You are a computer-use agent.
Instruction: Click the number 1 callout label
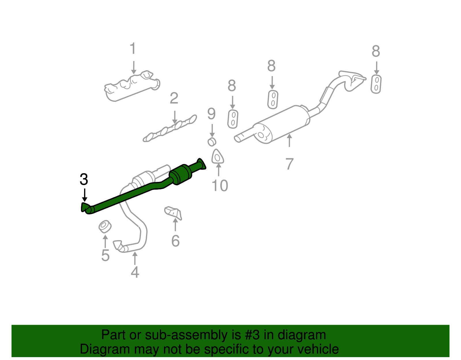pos(133,49)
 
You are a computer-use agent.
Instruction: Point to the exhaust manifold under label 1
pos(131,87)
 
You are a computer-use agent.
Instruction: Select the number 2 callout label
pos(174,99)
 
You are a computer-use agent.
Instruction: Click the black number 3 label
pos(84,180)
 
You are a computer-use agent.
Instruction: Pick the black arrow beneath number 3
pos(84,195)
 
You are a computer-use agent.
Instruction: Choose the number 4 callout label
pos(135,272)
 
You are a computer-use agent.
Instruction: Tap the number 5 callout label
pos(105,255)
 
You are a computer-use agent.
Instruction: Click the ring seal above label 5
pos(105,227)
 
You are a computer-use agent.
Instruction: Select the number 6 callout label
pos(175,241)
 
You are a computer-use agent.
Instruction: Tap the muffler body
pos(282,124)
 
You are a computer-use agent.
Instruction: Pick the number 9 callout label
pos(211,114)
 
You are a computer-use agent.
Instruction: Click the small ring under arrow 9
pos(212,142)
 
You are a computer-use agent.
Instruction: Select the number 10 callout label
pos(220,186)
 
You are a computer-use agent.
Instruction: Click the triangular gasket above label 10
pos(218,157)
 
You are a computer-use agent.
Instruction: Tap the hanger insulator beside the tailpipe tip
pos(376,84)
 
